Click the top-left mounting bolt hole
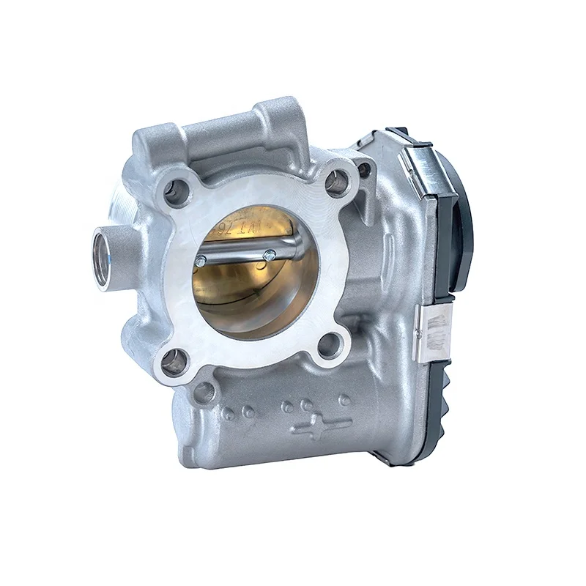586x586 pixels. [176, 192]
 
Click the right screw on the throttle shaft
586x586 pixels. [270, 255]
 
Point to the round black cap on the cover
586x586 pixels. [463, 220]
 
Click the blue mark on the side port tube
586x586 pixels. [110, 257]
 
